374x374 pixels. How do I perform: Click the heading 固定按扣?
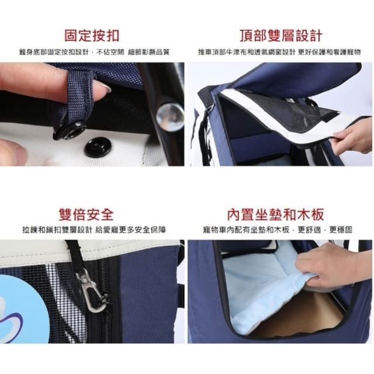tap(92, 36)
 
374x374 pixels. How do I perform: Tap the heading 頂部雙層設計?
tap(281, 36)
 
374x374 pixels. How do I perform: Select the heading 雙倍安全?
tap(86, 214)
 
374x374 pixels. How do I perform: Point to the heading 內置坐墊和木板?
tap(275, 214)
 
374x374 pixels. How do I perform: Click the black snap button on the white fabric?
tap(98, 147)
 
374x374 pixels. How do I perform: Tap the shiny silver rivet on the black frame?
tap(170, 117)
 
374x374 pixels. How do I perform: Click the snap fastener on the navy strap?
tap(70, 131)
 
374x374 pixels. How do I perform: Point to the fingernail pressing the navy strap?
tap(103, 86)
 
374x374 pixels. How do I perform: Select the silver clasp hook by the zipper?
tap(91, 290)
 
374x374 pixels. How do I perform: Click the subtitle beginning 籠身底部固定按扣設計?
tap(95, 52)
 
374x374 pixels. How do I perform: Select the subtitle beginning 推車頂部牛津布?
tap(279, 52)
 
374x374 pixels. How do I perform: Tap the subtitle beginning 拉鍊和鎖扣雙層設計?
tap(94, 230)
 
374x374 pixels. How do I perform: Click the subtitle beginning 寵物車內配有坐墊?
tap(278, 230)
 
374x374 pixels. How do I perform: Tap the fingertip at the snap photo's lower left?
tap(13, 152)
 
